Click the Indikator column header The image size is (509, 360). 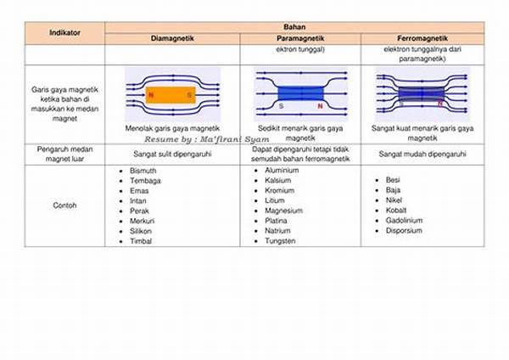65,33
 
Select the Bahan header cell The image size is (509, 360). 294,27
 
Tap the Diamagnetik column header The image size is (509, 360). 172,39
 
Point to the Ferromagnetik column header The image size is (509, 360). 422,39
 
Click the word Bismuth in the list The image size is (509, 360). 143,171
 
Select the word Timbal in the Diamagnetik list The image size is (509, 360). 142,241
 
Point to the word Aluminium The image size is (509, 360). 282,171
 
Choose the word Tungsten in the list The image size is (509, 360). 280,241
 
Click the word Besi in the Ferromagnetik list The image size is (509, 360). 393,180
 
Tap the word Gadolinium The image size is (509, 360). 404,220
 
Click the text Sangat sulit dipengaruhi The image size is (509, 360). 172,155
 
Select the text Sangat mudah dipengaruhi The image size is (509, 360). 422,155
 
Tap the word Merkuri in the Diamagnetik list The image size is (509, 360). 143,221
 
